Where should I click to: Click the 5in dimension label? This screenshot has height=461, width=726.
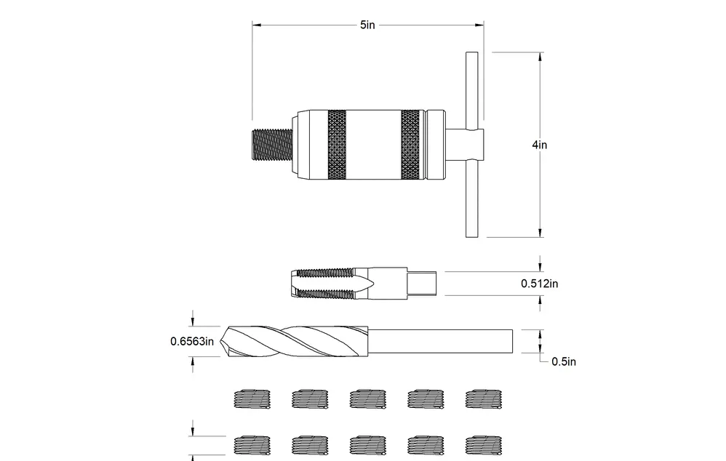coord(367,25)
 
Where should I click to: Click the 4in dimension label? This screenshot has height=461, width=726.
coord(539,145)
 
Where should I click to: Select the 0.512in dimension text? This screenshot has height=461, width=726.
coord(539,284)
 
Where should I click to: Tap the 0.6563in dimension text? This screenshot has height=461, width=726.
coord(192,342)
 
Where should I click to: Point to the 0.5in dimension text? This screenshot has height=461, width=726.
coord(564,361)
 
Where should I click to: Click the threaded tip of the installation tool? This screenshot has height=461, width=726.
coord(272,145)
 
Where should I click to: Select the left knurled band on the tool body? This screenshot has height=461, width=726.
coord(337,145)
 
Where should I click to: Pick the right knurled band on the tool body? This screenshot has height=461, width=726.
coord(411,145)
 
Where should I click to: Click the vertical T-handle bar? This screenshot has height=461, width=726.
coord(472,145)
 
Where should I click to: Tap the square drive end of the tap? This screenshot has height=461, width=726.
coord(422,284)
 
